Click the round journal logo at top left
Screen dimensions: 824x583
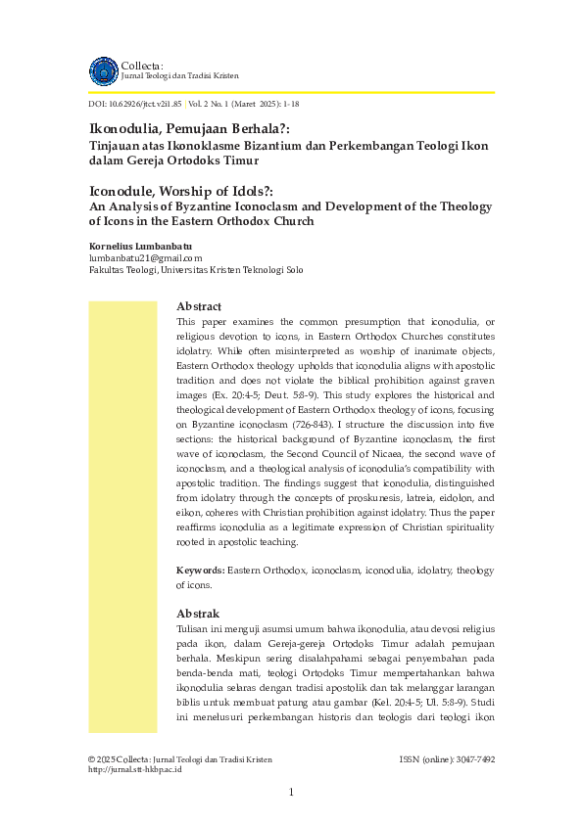pos(103,70)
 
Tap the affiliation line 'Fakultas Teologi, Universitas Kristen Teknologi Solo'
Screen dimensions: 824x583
pos(196,270)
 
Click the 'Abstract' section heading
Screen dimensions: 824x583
pos(199,306)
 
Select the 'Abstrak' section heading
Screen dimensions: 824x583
pos(198,613)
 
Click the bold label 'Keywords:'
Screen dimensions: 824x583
pos(201,570)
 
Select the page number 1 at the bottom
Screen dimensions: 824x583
pos(291,792)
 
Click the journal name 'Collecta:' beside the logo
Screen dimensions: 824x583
pos(142,65)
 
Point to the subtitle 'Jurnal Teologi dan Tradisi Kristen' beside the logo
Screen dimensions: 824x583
pos(179,75)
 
